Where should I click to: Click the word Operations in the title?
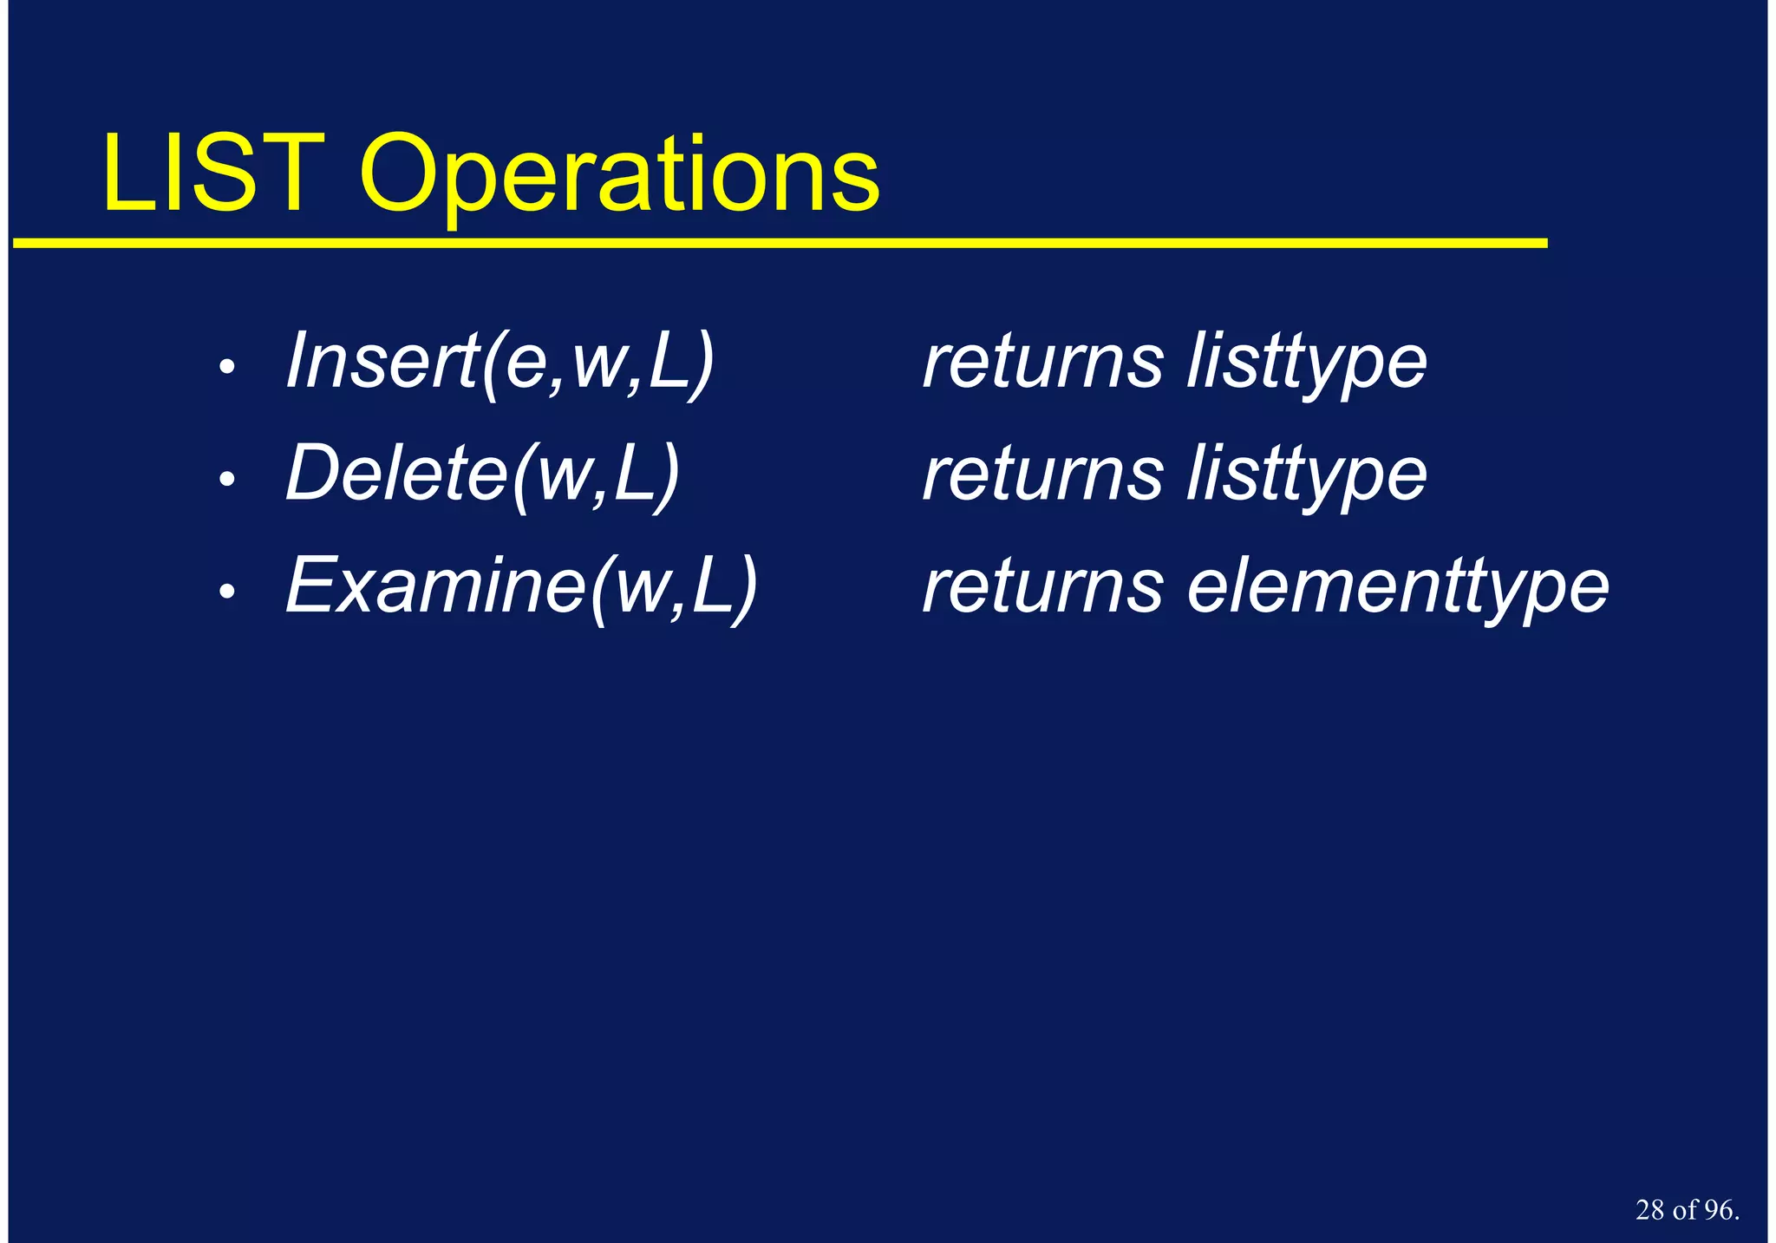click(x=619, y=177)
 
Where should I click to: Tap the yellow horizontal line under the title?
click(x=780, y=244)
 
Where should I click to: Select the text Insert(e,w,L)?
click(x=500, y=362)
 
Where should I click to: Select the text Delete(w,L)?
click(x=483, y=474)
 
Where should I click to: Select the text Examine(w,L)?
click(x=522, y=586)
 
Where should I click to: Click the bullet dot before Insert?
click(x=227, y=367)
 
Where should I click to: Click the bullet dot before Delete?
click(x=227, y=479)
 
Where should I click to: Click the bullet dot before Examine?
click(x=227, y=592)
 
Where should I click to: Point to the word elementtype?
click(x=1397, y=586)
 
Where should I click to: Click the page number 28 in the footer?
click(x=1649, y=1210)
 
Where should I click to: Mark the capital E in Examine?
click(x=310, y=586)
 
